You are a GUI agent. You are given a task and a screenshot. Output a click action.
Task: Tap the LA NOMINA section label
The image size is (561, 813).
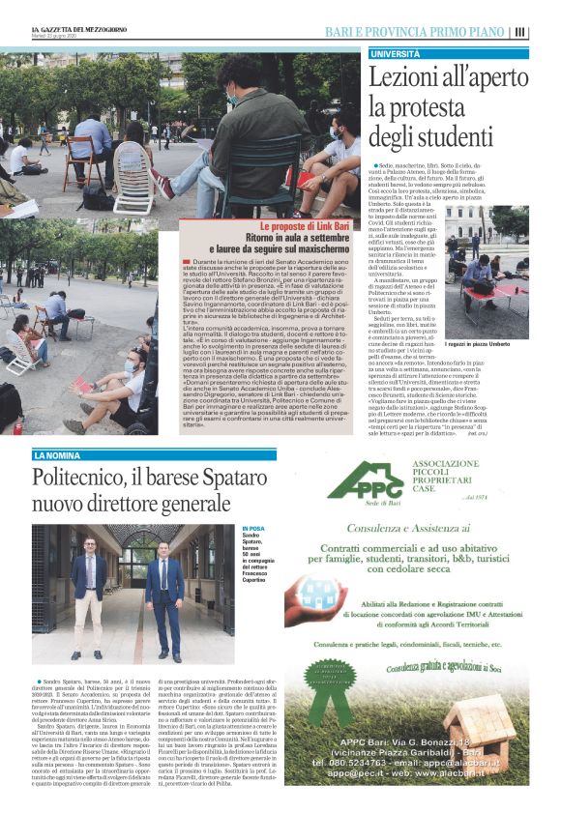click(x=59, y=455)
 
